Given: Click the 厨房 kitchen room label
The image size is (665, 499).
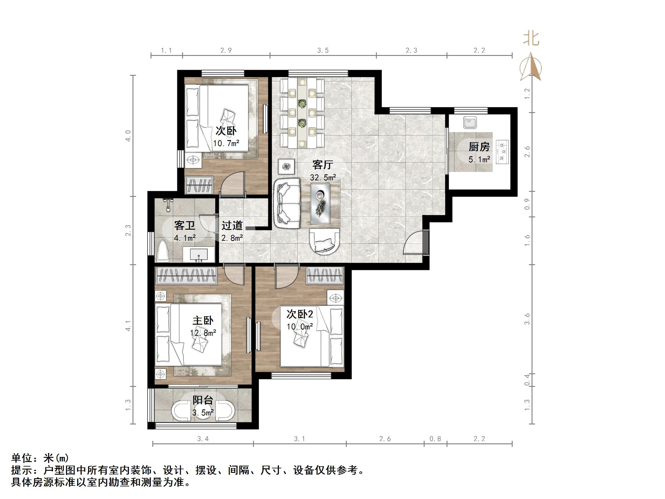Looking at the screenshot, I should tap(479, 147).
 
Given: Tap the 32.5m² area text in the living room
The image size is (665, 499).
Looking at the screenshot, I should tap(323, 178).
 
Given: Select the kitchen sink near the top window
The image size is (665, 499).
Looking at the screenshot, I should tap(470, 122).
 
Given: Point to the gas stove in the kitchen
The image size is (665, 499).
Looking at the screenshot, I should tap(502, 152).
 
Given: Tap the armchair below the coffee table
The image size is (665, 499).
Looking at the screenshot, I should tap(324, 242).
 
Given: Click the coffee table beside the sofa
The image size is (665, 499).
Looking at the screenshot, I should tap(320, 204).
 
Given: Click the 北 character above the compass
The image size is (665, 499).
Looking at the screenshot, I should tap(531, 39).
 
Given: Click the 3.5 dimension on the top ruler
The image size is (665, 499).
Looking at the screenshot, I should tap(323, 51).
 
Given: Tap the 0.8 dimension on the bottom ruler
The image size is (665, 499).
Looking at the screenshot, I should tap(435, 439).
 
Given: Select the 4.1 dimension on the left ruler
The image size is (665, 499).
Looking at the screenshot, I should tap(128, 326).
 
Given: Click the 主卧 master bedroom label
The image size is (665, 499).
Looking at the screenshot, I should tap(203, 320).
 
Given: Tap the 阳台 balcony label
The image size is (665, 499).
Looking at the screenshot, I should tap(203, 400).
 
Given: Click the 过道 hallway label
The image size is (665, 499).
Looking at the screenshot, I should tap(232, 225).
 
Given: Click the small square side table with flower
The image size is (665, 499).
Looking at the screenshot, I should tap(286, 166).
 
